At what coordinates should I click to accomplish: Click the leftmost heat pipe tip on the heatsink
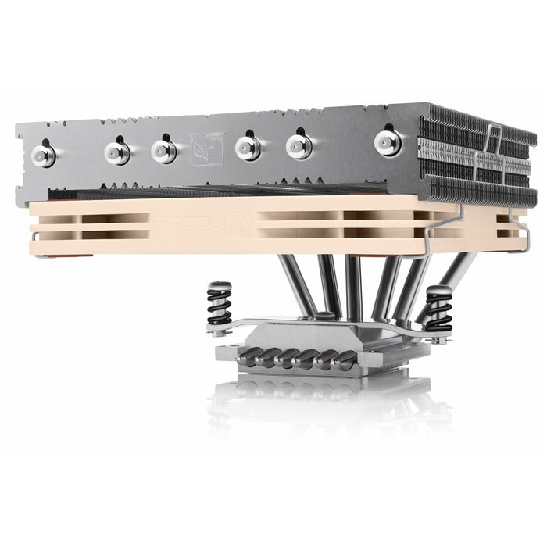tap(43, 155)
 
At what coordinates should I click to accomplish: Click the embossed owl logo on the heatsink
tap(206, 148)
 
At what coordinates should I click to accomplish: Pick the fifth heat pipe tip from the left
tap(299, 145)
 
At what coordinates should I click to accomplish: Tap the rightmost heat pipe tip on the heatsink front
tap(387, 142)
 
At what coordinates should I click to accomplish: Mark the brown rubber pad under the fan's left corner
tap(51, 252)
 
